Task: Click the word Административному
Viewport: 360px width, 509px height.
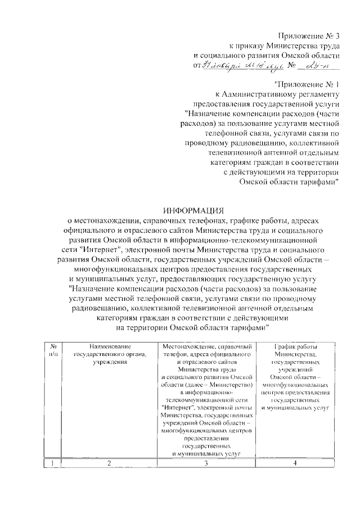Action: coord(258,94)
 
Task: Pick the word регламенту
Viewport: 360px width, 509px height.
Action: coord(318,94)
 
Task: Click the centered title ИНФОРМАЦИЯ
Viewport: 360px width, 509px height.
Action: coord(193,209)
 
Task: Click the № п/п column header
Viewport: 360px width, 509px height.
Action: coord(52,349)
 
